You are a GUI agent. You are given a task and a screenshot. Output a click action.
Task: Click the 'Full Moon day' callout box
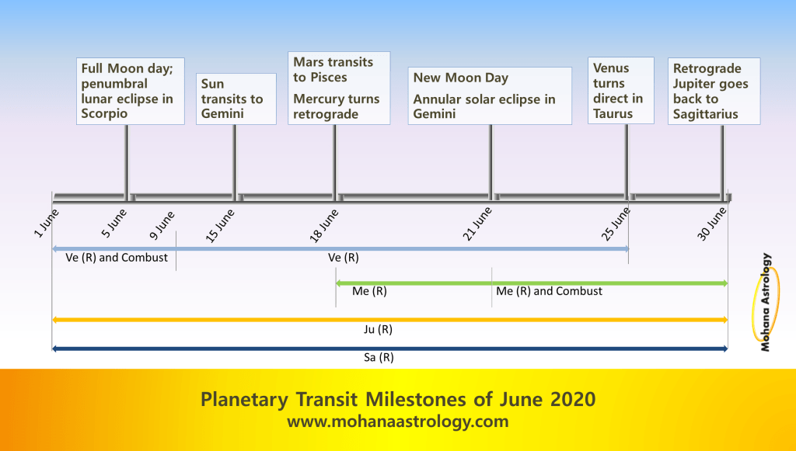click(131, 92)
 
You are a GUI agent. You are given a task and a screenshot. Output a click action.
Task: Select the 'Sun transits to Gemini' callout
click(236, 99)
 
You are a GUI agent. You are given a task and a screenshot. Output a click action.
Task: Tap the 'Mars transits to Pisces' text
click(333, 69)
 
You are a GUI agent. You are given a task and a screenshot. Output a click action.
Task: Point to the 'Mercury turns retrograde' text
click(336, 106)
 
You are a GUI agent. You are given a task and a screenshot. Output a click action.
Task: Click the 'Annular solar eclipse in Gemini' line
click(484, 106)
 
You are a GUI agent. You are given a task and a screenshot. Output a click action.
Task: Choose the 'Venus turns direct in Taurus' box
click(621, 90)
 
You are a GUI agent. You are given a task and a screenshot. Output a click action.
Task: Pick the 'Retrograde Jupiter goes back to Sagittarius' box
click(714, 92)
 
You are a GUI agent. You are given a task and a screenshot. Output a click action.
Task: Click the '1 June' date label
click(46, 223)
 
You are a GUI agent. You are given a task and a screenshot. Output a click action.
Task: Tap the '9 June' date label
click(162, 225)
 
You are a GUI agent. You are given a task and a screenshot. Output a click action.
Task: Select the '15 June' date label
click(220, 226)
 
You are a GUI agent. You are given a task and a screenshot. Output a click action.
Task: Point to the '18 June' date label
click(324, 226)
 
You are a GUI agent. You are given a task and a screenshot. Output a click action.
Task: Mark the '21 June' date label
click(477, 224)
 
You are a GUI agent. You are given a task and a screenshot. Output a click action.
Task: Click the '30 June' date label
click(712, 224)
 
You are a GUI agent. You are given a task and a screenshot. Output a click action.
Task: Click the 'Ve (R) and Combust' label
click(117, 258)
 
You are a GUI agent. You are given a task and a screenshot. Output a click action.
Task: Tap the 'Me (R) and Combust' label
click(549, 291)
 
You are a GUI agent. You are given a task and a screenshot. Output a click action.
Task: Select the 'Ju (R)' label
click(379, 329)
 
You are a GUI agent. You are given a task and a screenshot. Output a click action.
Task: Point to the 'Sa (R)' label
click(379, 357)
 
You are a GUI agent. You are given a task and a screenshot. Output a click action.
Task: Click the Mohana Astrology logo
click(765, 303)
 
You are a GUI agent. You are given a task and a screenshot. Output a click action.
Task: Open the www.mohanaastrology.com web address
click(397, 421)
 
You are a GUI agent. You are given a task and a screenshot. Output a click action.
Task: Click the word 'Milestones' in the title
click(415, 399)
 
